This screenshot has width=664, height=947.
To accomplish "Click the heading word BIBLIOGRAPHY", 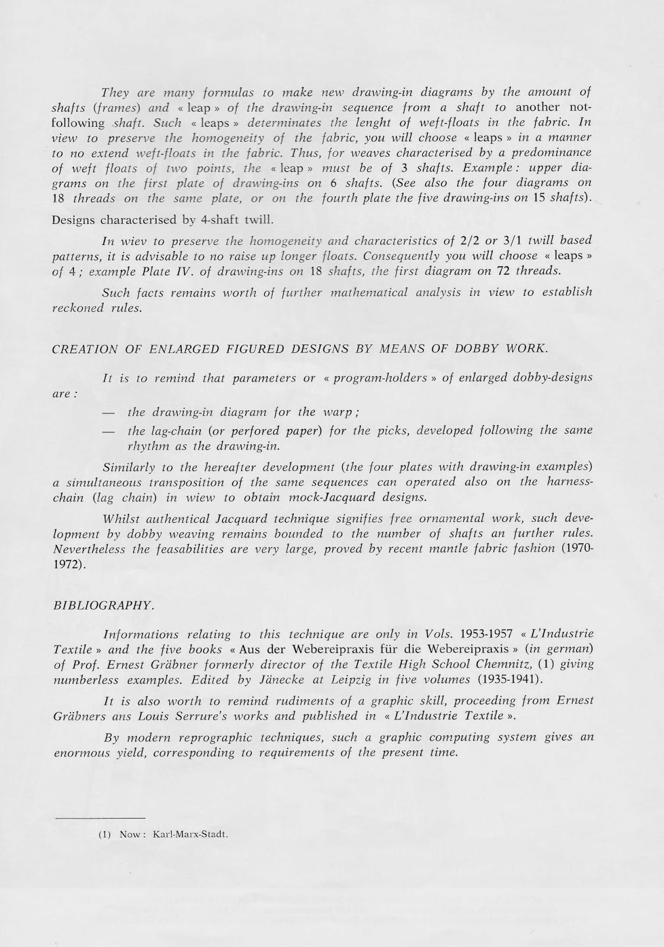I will pos(104,605).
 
